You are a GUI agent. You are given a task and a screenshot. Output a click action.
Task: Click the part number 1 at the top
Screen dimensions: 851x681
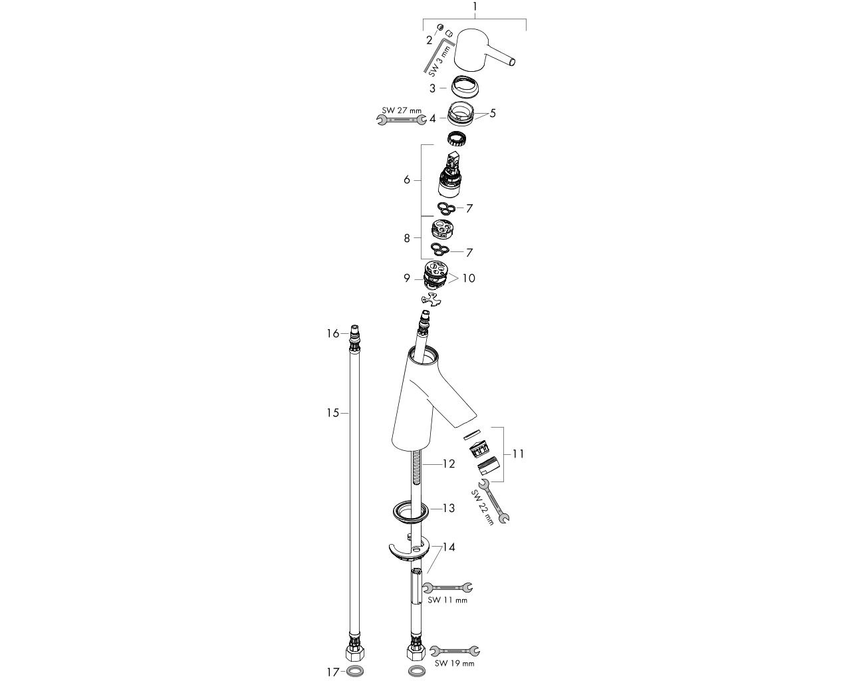(475, 7)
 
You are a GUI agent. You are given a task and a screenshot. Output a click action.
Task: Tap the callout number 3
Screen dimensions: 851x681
(433, 88)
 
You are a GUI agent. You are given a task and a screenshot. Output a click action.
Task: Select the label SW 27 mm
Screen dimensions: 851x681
(402, 110)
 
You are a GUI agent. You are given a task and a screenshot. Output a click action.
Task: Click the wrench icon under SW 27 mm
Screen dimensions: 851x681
(401, 120)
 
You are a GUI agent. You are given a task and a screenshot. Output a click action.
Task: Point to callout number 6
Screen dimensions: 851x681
(407, 180)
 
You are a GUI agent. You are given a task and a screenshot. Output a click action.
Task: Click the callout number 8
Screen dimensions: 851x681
(407, 238)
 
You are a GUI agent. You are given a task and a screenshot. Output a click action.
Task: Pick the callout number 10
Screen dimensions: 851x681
(469, 278)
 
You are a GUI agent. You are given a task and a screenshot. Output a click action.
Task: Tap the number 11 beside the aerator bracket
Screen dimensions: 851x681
(518, 454)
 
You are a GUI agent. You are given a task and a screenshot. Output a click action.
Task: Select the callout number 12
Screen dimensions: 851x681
(449, 464)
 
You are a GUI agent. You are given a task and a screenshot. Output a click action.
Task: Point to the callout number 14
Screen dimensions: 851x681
(449, 547)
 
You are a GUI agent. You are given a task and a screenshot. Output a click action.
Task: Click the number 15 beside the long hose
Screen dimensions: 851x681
(333, 413)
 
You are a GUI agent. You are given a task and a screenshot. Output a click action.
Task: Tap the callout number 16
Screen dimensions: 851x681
(333, 334)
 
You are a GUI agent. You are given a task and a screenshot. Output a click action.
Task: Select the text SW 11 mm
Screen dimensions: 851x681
(447, 601)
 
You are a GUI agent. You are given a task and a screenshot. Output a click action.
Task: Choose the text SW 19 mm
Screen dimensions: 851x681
(454, 664)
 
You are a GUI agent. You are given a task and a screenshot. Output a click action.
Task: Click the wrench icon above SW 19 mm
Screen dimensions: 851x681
(455, 651)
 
